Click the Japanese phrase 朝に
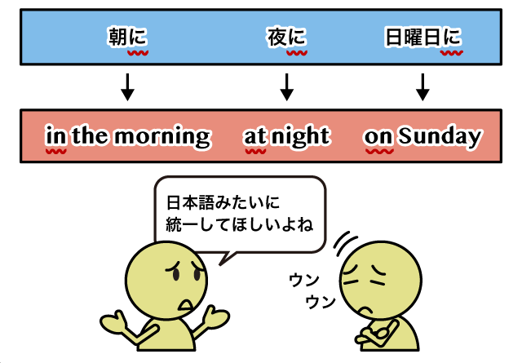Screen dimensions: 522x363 pyautogui.click(x=128, y=36)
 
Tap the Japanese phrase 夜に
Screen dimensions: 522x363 pyautogui.click(x=286, y=36)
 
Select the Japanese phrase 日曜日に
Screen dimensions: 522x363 pyautogui.click(x=422, y=36)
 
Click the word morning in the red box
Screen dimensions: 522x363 pyautogui.click(x=163, y=136)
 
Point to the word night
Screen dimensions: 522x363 pyautogui.click(x=301, y=136)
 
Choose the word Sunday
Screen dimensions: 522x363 pyautogui.click(x=440, y=136)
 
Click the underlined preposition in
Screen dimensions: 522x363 pyautogui.click(x=56, y=136)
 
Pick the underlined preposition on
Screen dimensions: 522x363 pyautogui.click(x=378, y=138)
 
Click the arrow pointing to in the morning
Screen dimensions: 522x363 pyautogui.click(x=127, y=87)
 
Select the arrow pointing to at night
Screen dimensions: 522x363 pyautogui.click(x=286, y=87)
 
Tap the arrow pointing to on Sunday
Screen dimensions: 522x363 pyautogui.click(x=422, y=87)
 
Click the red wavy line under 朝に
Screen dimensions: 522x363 pyautogui.click(x=138, y=53)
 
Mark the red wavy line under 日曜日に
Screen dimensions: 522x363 pyautogui.click(x=451, y=53)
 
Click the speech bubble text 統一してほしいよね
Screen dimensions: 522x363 pyautogui.click(x=239, y=224)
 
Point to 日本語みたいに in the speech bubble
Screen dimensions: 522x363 pyautogui.click(x=223, y=202)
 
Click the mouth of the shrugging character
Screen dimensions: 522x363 pyautogui.click(x=186, y=305)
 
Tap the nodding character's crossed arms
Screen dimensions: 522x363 pyautogui.click(x=377, y=333)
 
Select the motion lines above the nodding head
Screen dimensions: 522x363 pyautogui.click(x=344, y=243)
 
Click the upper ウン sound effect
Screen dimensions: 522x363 pyautogui.click(x=304, y=280)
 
